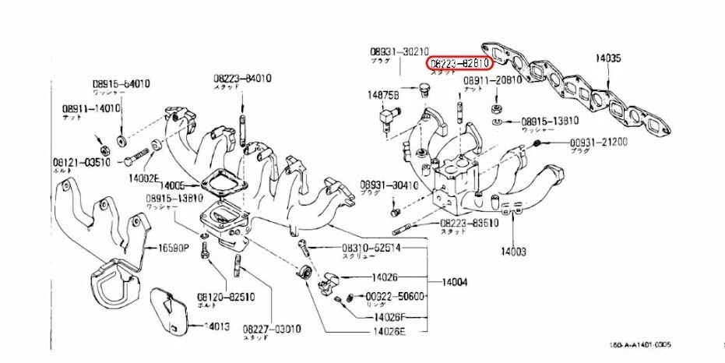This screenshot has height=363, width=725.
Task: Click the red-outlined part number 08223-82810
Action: [458, 62]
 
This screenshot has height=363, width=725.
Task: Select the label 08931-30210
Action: [399, 52]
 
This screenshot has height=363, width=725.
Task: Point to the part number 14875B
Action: [383, 94]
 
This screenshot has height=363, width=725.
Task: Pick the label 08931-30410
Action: [389, 185]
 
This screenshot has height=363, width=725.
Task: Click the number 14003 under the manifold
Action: [513, 252]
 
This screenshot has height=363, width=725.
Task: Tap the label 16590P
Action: [174, 249]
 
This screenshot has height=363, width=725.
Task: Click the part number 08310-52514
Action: [372, 248]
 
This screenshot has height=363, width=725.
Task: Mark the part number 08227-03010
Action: [271, 329]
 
